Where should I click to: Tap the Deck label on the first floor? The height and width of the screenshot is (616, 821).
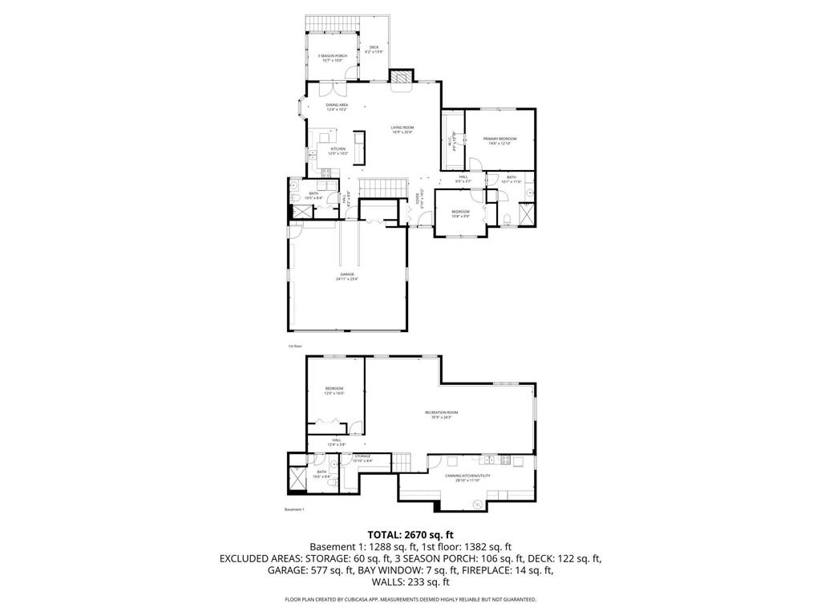(x=374, y=49)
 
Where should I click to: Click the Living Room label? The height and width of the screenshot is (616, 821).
(x=402, y=129)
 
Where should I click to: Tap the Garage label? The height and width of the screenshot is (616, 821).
(x=346, y=276)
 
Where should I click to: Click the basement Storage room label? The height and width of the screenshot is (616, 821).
(x=362, y=457)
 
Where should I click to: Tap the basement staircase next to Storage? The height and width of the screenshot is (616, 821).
(x=402, y=462)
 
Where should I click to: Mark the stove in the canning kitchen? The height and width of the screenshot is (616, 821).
(x=505, y=460)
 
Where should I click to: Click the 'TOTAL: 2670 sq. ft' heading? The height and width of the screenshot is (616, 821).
(x=410, y=534)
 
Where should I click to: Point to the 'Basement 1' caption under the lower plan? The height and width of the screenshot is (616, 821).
(x=295, y=509)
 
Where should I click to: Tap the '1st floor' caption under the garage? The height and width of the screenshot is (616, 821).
(x=295, y=346)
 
